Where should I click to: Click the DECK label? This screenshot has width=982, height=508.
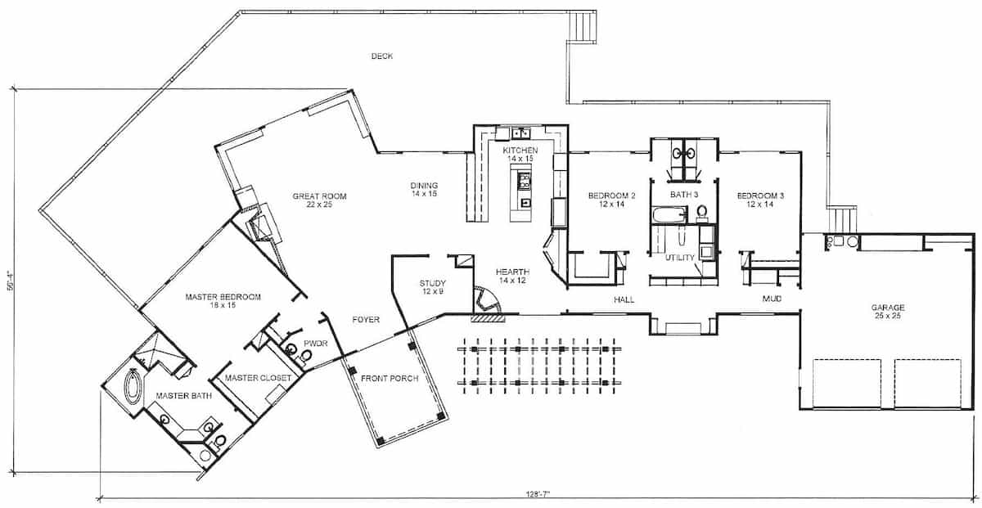382,56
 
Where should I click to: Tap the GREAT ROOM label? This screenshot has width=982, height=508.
320,196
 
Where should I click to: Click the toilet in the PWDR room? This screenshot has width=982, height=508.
305,356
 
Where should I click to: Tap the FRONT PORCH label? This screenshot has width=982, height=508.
390,379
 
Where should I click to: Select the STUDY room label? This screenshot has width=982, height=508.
432,283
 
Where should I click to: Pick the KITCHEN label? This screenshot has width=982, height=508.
520,151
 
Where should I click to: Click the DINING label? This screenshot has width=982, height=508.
424,185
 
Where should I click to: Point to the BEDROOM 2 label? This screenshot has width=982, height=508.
611,196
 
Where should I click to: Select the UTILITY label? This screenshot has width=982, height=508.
679,258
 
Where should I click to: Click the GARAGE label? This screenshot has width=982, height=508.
887,308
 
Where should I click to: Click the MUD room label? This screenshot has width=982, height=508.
772,299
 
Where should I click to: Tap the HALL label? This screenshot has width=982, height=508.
624,300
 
